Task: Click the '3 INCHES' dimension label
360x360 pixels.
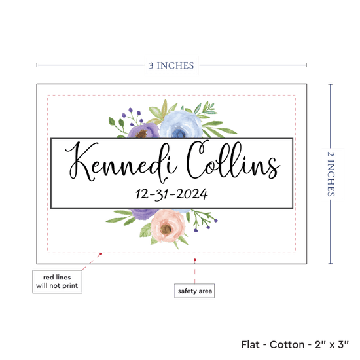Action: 171,65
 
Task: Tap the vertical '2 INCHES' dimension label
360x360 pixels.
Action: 331,174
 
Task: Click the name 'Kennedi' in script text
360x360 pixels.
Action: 121,162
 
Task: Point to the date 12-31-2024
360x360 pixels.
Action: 171,194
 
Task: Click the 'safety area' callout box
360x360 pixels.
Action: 194,291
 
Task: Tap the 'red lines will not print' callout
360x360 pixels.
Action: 57,281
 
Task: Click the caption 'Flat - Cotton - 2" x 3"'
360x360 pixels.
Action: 295,344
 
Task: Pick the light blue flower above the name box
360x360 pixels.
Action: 181,125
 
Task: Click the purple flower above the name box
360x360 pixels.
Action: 143,131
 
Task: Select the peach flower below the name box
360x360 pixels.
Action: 168,226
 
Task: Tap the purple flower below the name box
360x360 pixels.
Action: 144,214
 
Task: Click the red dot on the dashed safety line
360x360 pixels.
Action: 101,254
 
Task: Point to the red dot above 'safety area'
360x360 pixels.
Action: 194,259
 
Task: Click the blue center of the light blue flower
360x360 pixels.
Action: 179,134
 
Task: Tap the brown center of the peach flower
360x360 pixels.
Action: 166,229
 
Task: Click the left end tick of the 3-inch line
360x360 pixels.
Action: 37,65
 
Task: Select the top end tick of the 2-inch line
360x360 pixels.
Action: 331,84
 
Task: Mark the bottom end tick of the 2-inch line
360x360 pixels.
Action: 331,264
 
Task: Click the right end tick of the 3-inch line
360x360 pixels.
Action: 306,65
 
